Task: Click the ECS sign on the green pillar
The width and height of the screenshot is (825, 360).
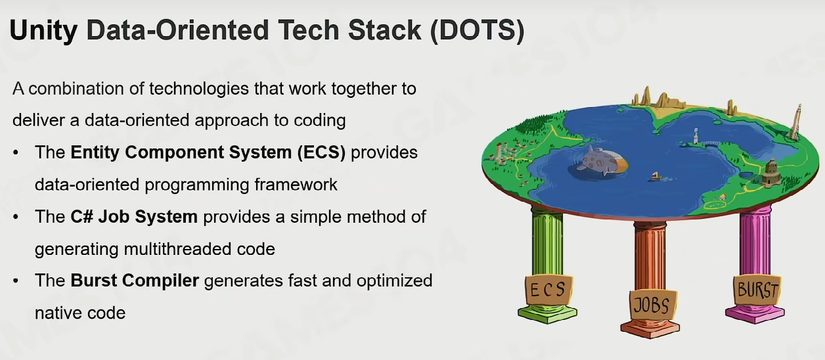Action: (x=548, y=290)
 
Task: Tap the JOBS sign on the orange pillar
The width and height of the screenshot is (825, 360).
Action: (x=652, y=305)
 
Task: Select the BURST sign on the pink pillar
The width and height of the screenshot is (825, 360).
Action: (x=757, y=290)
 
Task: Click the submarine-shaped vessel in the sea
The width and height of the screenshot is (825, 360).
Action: (x=600, y=162)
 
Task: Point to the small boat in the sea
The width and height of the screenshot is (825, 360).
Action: (x=656, y=177)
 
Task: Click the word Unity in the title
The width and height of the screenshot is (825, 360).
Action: (x=43, y=31)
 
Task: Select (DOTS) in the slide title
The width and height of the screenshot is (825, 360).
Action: (x=477, y=31)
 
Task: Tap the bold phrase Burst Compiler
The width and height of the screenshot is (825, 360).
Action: (x=135, y=281)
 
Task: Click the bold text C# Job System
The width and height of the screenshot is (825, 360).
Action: (x=134, y=217)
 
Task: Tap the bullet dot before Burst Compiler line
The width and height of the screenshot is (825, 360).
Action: (x=15, y=281)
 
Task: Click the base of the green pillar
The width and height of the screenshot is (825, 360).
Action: (x=548, y=314)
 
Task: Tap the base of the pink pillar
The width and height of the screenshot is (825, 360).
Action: (x=755, y=314)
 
